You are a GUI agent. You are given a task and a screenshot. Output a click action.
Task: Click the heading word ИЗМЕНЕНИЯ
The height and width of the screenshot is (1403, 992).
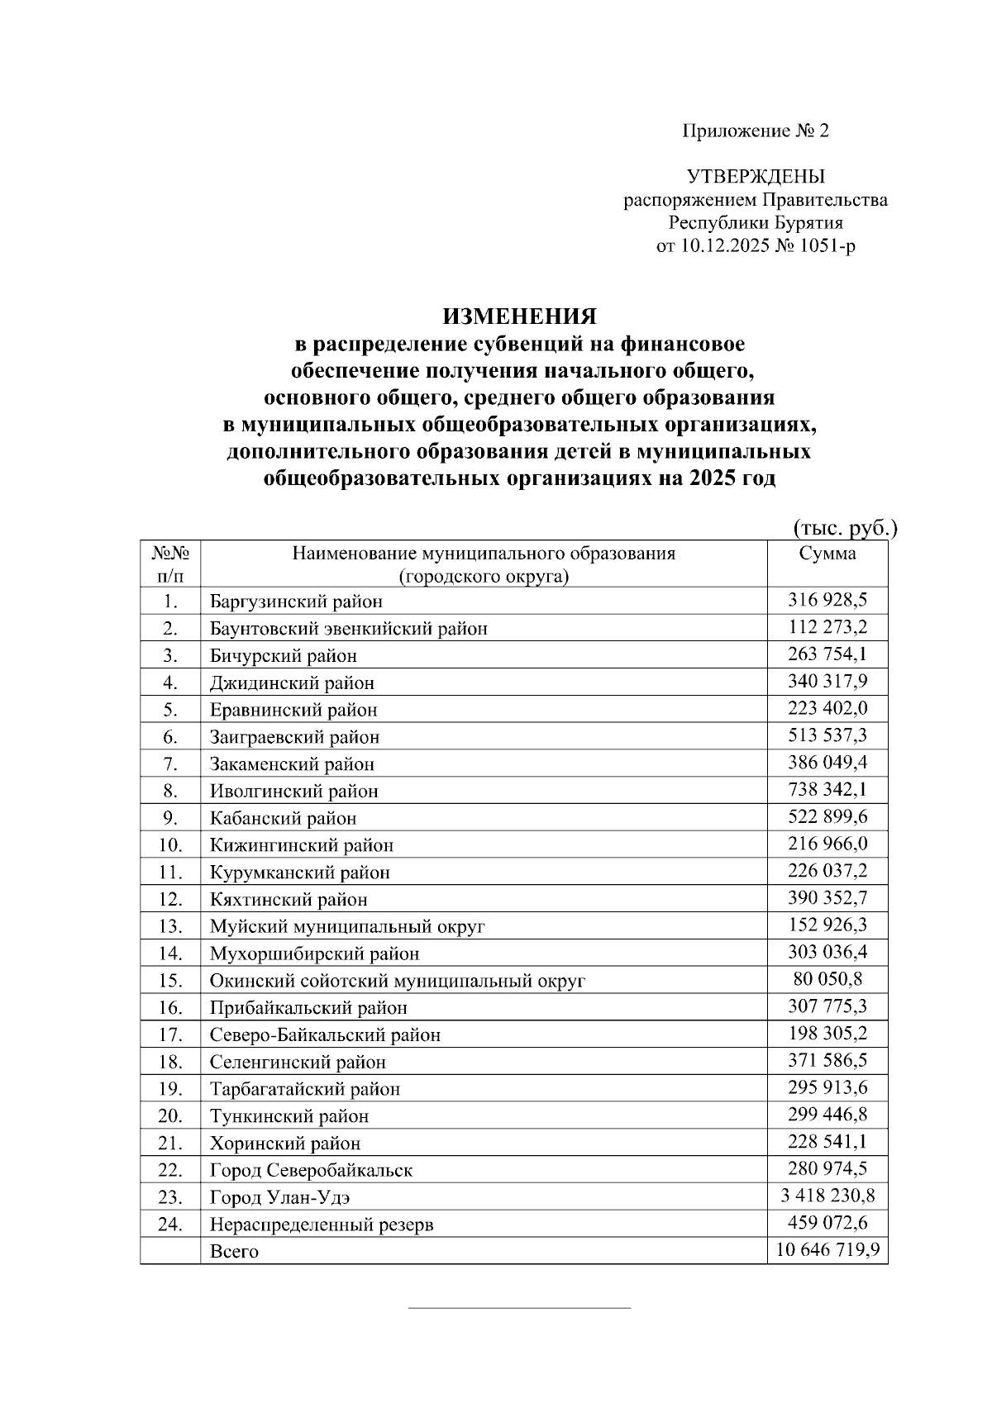click(x=519, y=317)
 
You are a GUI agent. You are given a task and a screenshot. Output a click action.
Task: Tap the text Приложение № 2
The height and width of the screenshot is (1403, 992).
click(x=755, y=131)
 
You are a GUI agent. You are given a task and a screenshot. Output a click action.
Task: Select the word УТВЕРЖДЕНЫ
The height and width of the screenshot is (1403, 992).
click(x=755, y=176)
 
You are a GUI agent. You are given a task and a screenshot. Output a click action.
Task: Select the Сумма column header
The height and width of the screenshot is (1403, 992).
click(x=827, y=554)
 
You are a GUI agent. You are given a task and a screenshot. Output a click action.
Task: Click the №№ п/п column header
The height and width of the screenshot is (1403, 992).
click(x=170, y=564)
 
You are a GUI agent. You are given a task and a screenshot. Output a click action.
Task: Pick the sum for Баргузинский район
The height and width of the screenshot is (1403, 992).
click(x=827, y=600)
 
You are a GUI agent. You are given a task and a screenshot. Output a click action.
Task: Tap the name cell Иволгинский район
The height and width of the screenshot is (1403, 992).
click(x=293, y=792)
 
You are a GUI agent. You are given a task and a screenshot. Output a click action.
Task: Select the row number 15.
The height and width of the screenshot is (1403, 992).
click(x=170, y=981)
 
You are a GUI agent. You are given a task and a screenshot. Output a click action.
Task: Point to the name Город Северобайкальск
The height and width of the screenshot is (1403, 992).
click(x=311, y=1170)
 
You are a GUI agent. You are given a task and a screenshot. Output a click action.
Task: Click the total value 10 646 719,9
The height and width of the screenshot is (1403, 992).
click(x=827, y=1250)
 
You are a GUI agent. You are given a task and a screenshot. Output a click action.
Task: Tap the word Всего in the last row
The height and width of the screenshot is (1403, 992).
click(x=234, y=1252)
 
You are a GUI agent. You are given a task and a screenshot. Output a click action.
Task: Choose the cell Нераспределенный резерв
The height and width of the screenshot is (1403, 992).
click(x=322, y=1225)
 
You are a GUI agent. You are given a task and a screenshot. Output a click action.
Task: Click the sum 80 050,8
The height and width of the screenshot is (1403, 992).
click(x=827, y=979)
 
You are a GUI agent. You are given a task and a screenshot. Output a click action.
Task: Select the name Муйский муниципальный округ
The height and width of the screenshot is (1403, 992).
click(x=347, y=926)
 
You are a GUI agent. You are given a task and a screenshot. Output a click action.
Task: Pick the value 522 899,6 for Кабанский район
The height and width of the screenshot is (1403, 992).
click(x=827, y=816)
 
